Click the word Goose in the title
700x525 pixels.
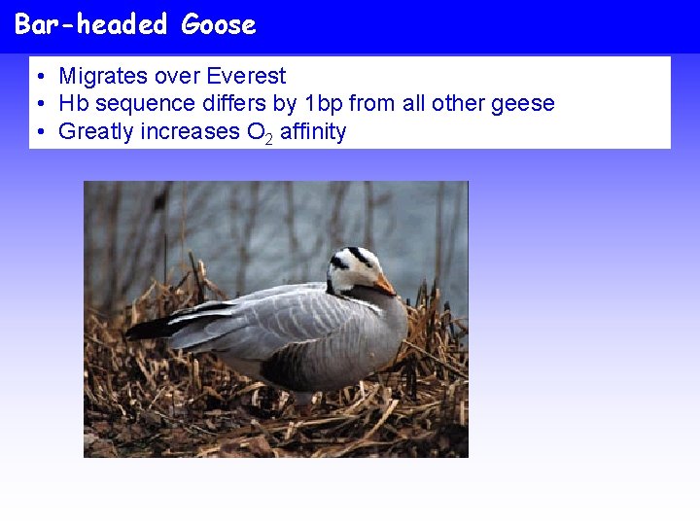pos(218,25)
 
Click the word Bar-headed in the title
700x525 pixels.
pos(91,25)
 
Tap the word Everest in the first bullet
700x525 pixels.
pos(247,76)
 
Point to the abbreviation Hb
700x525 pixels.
pos(72,103)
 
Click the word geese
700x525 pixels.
pos(522,103)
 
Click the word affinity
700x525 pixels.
pos(313,131)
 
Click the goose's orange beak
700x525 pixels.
pos(385,285)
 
